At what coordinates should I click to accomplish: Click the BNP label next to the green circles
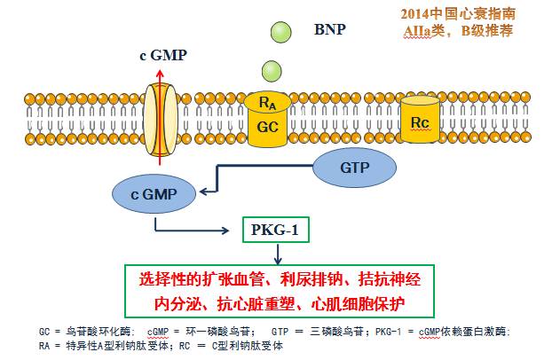pyautogui.click(x=329, y=28)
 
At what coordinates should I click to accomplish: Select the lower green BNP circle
pyautogui.click(x=272, y=71)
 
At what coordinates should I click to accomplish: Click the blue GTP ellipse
pyautogui.click(x=354, y=166)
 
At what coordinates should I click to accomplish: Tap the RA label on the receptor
pyautogui.click(x=266, y=105)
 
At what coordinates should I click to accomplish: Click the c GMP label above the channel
pyautogui.click(x=163, y=55)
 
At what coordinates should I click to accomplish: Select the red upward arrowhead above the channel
pyautogui.click(x=162, y=74)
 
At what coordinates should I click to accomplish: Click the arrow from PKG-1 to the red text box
pyautogui.click(x=276, y=256)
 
